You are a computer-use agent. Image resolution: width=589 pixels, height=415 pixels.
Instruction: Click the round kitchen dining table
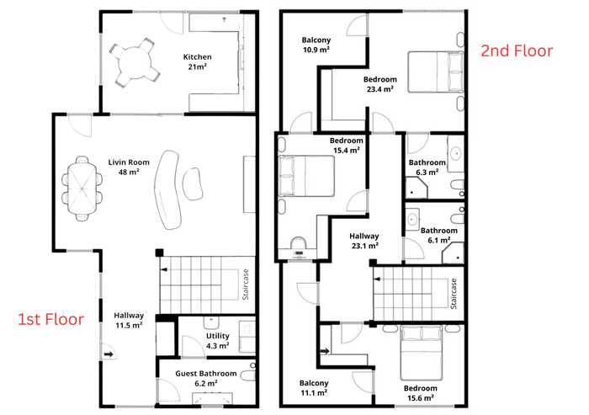[135, 63]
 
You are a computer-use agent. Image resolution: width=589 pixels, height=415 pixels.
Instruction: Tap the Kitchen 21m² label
[197, 61]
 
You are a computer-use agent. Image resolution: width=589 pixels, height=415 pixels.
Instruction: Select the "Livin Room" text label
[129, 162]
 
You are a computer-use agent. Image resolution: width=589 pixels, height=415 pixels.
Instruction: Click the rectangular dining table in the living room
[81, 189]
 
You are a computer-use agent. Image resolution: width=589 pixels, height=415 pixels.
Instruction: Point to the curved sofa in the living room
[167, 189]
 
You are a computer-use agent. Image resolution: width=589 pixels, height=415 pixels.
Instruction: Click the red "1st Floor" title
[51, 319]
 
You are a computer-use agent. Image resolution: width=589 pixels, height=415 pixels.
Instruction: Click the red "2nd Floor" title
[517, 51]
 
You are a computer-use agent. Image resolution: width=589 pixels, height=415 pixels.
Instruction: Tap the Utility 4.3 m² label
[217, 341]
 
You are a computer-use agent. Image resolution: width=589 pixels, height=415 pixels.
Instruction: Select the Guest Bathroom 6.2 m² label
[206, 378]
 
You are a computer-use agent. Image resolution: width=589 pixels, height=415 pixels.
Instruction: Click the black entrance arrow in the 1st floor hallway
[109, 354]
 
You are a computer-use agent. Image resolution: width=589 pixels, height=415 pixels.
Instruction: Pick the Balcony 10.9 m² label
[316, 45]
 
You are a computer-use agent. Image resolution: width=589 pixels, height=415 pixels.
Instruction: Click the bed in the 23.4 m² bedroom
[436, 72]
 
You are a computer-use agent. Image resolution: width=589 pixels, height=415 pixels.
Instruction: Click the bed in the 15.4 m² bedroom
[306, 176]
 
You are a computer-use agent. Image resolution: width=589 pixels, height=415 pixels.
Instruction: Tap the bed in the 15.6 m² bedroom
[421, 353]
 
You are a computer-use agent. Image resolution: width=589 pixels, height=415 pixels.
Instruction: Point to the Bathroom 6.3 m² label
[427, 168]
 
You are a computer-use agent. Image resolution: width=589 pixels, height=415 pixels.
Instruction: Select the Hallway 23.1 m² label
[364, 241]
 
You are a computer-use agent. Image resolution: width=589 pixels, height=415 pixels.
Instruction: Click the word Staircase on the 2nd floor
[454, 294]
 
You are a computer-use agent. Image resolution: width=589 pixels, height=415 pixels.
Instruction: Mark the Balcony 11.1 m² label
[314, 388]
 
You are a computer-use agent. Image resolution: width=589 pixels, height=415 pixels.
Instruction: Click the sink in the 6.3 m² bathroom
[456, 154]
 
